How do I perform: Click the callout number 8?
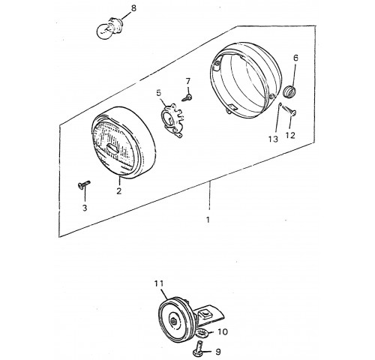pos(133,8)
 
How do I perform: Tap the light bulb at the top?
pos(109,29)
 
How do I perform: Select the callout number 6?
pos(295,58)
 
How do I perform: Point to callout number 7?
pos(188,81)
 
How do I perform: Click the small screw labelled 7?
pos(187,97)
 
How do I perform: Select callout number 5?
pos(159,93)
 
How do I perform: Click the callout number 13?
pos(274,139)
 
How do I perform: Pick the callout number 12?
pos(290,135)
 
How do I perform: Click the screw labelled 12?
pos(289,110)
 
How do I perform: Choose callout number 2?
pos(118,190)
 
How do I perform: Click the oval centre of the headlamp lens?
pos(113,148)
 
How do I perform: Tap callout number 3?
pos(85,208)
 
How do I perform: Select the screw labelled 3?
pos(83,184)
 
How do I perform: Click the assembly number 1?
pos(208,220)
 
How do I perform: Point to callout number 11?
pos(159,283)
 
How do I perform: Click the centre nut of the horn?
pos(173,321)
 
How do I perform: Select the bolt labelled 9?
pos(199,348)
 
